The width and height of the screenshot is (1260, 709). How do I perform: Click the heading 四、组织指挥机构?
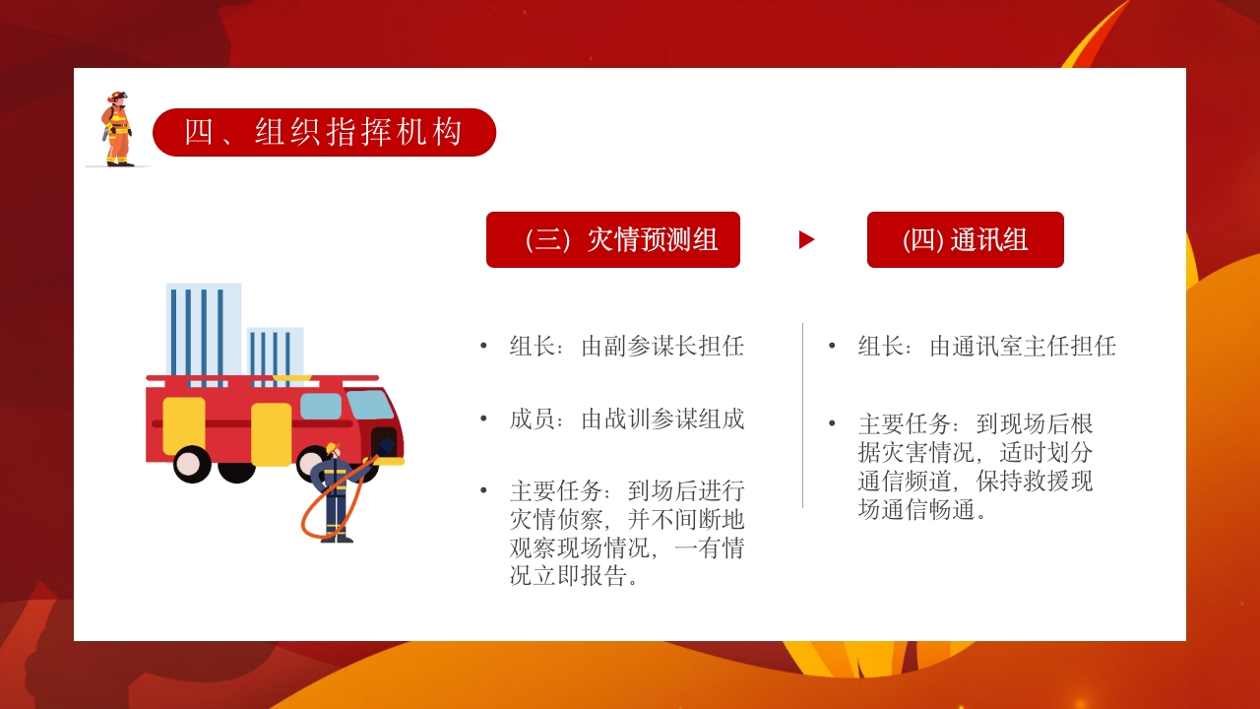(324, 132)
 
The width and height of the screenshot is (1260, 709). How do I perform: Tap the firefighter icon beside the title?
(117, 129)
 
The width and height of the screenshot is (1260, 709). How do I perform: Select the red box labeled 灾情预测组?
(612, 239)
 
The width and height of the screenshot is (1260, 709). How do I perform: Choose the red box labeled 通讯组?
(965, 239)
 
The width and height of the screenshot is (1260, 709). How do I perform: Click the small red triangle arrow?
(806, 239)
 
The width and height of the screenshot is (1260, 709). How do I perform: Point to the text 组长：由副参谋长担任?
(626, 347)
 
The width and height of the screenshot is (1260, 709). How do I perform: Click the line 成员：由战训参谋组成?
(626, 419)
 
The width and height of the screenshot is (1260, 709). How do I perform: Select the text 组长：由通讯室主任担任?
(986, 347)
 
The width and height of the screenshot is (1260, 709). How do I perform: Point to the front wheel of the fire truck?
(193, 464)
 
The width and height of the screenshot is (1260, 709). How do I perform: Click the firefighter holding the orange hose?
(335, 492)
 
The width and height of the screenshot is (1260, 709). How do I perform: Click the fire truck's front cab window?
(369, 404)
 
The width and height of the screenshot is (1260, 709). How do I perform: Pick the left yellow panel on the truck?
(184, 425)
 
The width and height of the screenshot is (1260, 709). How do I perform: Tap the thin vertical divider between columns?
(802, 415)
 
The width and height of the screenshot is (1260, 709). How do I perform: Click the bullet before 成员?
(483, 419)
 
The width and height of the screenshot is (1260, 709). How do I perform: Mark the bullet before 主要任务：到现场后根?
(832, 424)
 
